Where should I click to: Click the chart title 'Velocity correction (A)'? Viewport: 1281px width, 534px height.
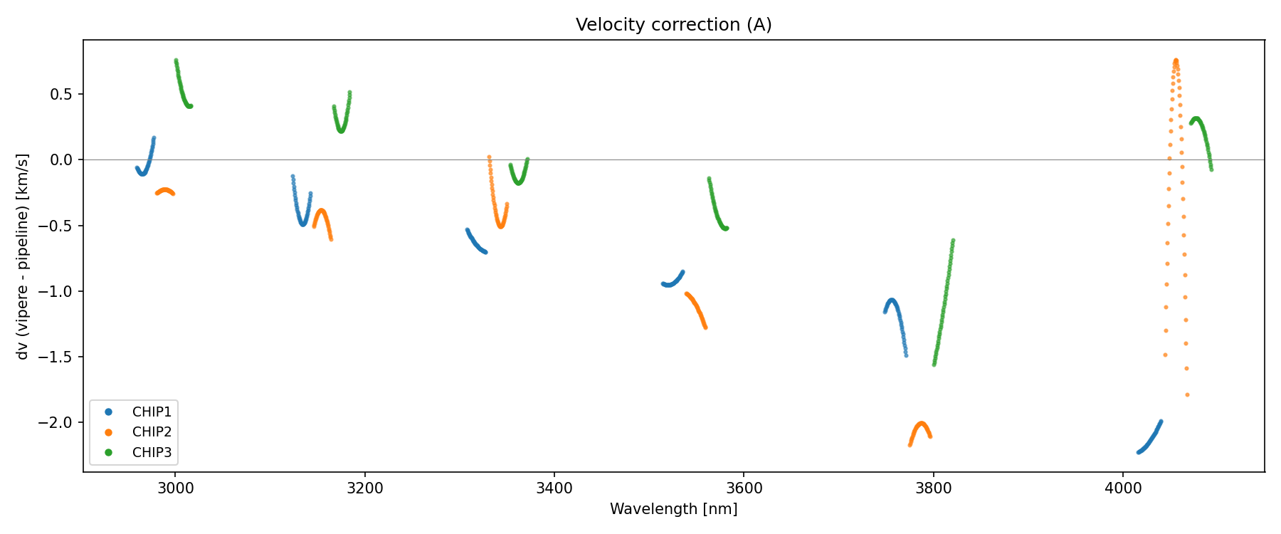(x=673, y=25)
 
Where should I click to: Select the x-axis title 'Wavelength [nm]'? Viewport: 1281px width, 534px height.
(x=673, y=509)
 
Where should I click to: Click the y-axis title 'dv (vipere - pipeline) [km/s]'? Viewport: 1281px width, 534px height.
(x=23, y=256)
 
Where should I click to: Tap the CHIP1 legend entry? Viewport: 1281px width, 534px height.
(x=152, y=412)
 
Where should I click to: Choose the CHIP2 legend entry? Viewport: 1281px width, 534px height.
(x=152, y=431)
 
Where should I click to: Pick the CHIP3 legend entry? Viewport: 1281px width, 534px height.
(x=152, y=452)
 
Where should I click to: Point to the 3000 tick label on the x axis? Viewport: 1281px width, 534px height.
(x=175, y=488)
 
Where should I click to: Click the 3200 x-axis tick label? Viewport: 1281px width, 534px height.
(x=364, y=488)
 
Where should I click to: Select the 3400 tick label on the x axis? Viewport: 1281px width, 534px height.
(x=554, y=488)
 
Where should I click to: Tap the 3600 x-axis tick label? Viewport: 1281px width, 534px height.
(x=743, y=488)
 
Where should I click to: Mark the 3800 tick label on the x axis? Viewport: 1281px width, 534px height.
(x=932, y=488)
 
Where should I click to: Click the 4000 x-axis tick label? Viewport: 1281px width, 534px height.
(x=1122, y=488)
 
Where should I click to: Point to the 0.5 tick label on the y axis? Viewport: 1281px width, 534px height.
(x=63, y=94)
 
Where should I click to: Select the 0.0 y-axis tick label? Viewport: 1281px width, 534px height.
(x=63, y=159)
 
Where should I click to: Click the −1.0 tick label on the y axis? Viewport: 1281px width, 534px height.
(x=59, y=291)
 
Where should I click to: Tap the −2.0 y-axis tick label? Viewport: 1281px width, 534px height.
(x=59, y=422)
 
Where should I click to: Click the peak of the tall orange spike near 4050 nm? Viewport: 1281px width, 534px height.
(x=1176, y=61)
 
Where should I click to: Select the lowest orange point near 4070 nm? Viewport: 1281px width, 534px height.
(x=1187, y=394)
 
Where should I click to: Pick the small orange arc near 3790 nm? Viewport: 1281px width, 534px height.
(x=921, y=425)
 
